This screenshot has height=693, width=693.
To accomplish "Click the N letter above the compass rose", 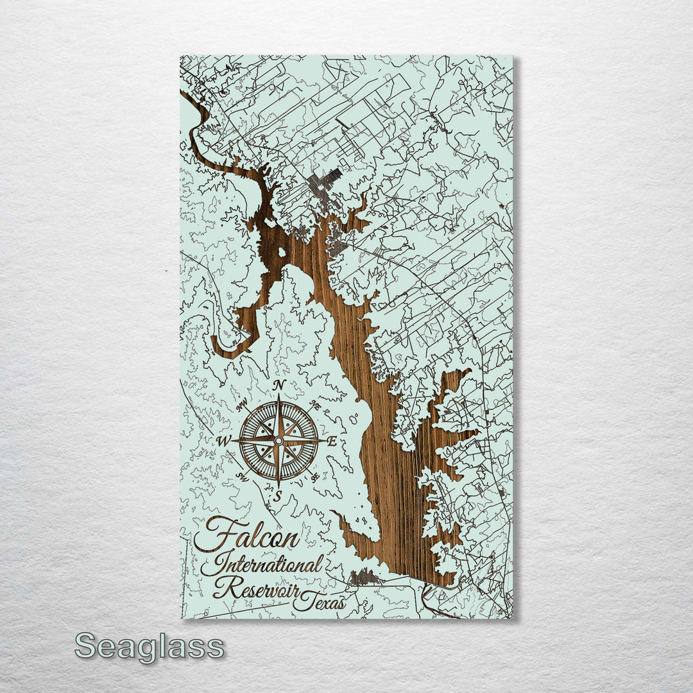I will pyautogui.click(x=279, y=385).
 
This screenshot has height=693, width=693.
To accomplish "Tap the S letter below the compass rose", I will pyautogui.click(x=278, y=495).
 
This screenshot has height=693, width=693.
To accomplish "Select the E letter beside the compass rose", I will pyautogui.click(x=332, y=441).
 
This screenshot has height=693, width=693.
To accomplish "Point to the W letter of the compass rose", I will pyautogui.click(x=224, y=441).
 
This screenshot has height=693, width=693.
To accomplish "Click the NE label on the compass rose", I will pyautogui.click(x=314, y=405).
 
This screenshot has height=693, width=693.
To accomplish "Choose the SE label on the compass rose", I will pyautogui.click(x=314, y=477).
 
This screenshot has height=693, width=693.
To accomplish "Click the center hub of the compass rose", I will pyautogui.click(x=278, y=441).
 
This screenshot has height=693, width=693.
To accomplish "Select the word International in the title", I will pyautogui.click(x=261, y=565).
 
